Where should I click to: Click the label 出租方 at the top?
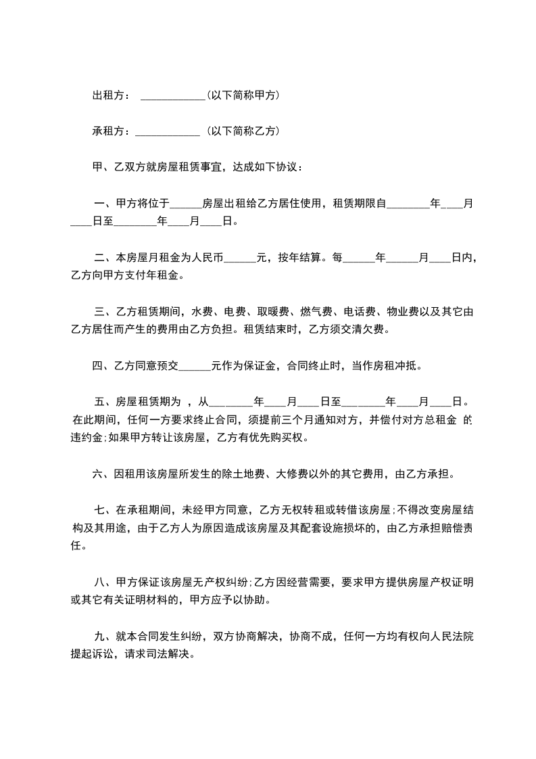(108, 96)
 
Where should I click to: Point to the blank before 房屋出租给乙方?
(186, 204)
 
